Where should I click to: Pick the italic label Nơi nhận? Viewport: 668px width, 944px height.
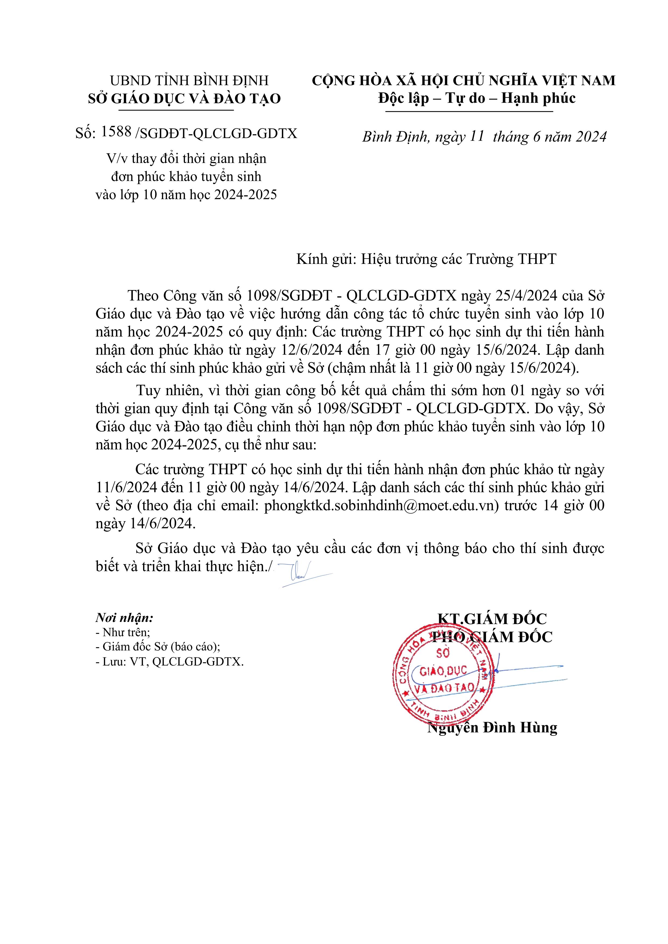[x=124, y=618]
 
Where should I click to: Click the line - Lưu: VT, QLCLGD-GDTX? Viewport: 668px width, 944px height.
[x=170, y=662]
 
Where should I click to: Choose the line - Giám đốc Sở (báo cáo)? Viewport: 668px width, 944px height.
[x=158, y=647]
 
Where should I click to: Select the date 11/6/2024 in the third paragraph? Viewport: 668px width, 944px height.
[x=126, y=487]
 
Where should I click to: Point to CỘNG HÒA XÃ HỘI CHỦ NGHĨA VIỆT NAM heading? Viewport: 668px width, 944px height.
[x=463, y=81]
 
